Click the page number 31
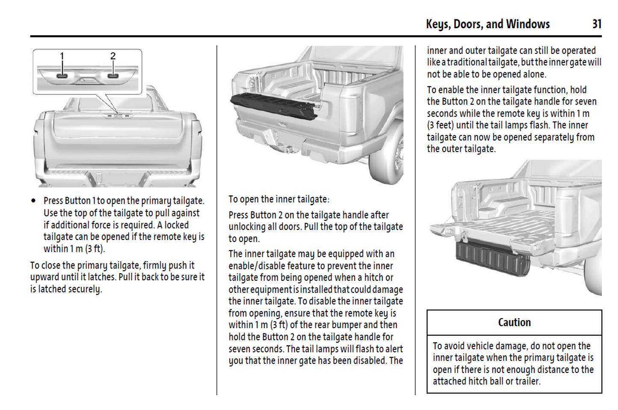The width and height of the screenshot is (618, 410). click(x=597, y=24)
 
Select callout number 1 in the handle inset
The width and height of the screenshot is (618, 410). click(x=62, y=56)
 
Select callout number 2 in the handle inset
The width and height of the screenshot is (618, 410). click(x=113, y=56)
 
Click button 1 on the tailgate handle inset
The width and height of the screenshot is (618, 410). click(x=62, y=76)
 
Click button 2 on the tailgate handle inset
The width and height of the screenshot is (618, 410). click(x=113, y=76)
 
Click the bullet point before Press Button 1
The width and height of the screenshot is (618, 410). click(x=33, y=201)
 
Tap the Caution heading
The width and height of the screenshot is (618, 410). click(x=514, y=322)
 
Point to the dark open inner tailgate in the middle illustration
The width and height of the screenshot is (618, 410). click(x=274, y=105)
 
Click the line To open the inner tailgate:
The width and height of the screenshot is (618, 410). click(x=279, y=199)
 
